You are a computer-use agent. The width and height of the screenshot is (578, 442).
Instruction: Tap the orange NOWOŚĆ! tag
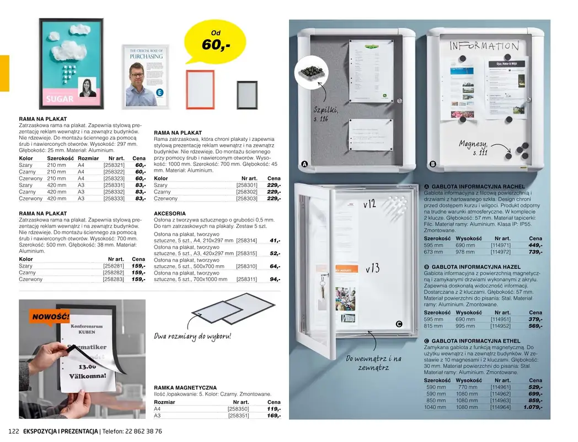[50, 317]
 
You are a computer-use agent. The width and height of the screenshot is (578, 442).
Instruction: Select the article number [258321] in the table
[114, 165]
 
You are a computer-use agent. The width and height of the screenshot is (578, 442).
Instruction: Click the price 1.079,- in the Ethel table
[533, 407]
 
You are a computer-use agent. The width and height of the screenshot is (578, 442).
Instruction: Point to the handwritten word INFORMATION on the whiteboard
[484, 46]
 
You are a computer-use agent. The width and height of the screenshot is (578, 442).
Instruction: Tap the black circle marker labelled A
[304, 164]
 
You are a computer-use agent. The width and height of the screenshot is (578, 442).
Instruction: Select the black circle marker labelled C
[399, 324]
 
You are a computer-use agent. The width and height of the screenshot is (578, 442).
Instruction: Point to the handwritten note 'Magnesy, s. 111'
[474, 148]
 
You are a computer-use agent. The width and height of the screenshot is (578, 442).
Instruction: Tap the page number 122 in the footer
[14, 432]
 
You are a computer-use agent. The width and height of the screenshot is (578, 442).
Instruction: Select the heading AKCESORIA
[170, 213]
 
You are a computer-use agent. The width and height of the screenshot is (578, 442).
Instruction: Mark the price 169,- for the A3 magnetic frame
[274, 415]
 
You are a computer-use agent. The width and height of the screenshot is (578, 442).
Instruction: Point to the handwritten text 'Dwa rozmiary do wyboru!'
[192, 336]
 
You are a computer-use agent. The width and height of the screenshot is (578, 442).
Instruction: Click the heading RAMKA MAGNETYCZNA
[185, 388]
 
